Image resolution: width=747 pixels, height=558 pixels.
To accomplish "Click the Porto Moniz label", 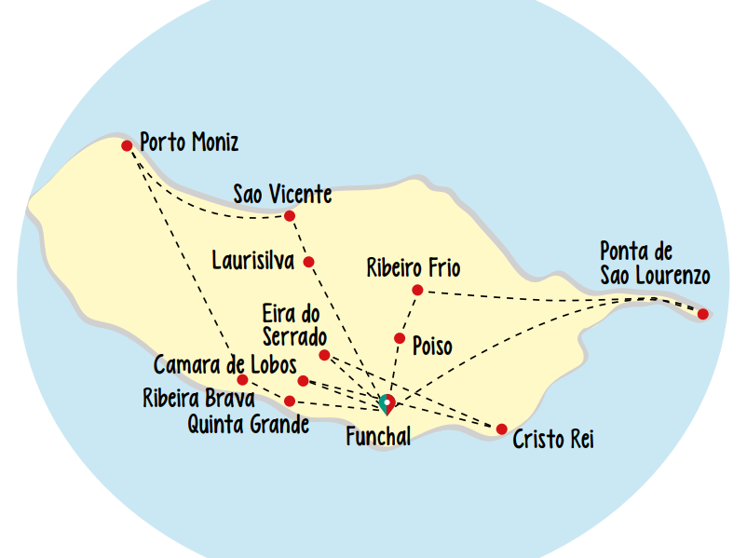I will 189,143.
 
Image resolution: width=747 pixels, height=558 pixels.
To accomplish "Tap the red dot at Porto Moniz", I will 127,145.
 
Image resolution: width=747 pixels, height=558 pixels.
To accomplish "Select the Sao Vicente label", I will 282,195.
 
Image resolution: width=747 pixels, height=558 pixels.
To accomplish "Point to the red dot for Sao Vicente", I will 290,216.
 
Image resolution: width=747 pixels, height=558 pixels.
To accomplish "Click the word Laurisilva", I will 253,260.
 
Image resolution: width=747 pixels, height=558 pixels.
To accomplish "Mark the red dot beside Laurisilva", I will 308,262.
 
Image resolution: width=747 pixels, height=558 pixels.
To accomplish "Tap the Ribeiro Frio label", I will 414,269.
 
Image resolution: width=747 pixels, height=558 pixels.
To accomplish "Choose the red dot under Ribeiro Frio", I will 417,291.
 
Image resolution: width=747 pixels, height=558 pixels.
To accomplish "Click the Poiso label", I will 432,347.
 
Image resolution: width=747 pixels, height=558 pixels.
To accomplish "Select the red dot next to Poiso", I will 400,338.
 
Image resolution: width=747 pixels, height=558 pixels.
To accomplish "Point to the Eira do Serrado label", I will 292,325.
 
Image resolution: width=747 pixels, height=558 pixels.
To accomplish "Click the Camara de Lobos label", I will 225,363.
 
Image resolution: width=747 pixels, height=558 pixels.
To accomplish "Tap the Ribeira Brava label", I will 197,399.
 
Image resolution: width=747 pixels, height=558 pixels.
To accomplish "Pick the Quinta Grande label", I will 248,427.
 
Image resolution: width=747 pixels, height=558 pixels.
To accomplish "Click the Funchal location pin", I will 387,403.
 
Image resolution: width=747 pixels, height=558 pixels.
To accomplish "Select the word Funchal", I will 378,437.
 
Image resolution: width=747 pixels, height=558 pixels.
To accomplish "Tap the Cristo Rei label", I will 553,440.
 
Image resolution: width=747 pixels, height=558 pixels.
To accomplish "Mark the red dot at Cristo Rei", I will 502,429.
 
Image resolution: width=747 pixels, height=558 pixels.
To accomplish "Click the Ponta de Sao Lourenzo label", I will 655,264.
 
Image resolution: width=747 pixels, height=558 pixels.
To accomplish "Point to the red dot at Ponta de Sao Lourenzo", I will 703,314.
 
